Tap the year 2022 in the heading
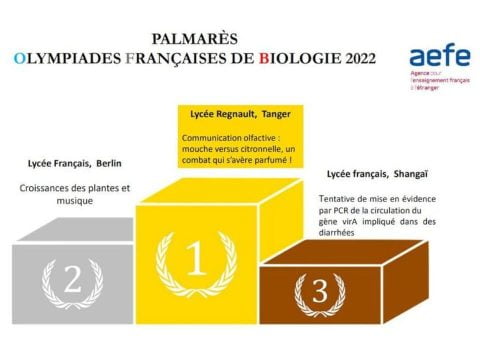coord(356,59)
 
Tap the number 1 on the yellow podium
coord(197,260)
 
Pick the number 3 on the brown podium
coord(319,291)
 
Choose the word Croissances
coord(45,188)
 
